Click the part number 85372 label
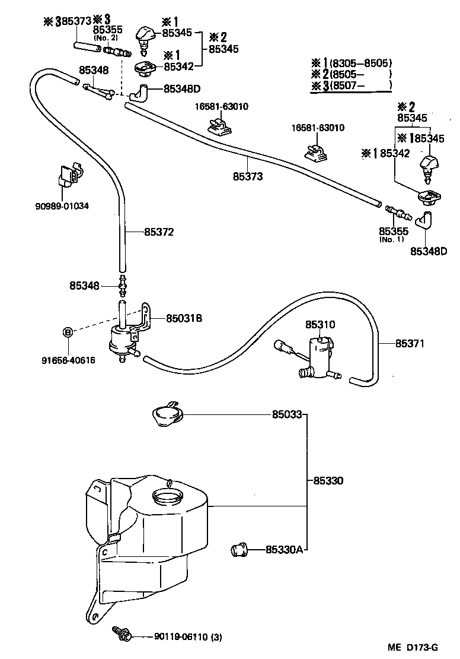tap(159, 232)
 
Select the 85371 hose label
tap(410, 343)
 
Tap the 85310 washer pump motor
tap(318, 354)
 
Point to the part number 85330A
tap(285, 550)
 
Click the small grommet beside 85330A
tap(238, 550)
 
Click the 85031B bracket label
tap(184, 318)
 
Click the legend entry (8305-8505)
tap(361, 63)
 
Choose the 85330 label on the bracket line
tap(327, 480)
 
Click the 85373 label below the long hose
tap(247, 176)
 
